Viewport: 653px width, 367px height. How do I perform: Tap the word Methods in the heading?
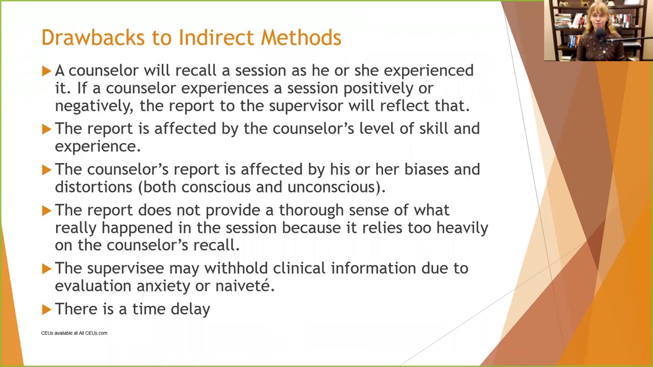pyautogui.click(x=301, y=38)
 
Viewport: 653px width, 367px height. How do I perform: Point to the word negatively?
pyautogui.click(x=94, y=106)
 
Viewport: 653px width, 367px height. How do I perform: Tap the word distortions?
pyautogui.click(x=94, y=187)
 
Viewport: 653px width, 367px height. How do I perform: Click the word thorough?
pyautogui.click(x=312, y=210)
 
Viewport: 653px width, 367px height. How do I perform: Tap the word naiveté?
pyautogui.click(x=245, y=286)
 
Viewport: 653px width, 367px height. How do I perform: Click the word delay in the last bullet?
pyautogui.click(x=191, y=309)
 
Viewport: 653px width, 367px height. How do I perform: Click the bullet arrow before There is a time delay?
pyautogui.click(x=46, y=309)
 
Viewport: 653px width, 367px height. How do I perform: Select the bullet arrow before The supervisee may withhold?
pyautogui.click(x=46, y=268)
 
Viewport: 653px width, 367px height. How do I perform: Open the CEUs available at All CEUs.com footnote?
pyautogui.click(x=74, y=333)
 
